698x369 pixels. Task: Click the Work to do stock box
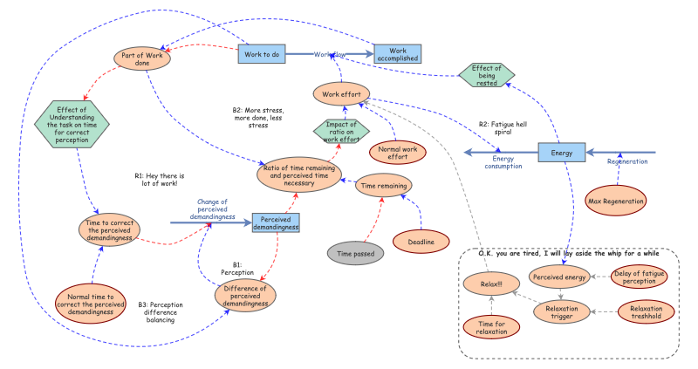click(x=262, y=54)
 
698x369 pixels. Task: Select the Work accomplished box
click(x=398, y=54)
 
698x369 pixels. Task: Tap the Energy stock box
click(x=561, y=153)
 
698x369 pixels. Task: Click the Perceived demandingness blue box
click(x=276, y=223)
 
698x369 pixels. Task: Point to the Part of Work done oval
click(x=142, y=58)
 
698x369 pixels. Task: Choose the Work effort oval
click(x=341, y=94)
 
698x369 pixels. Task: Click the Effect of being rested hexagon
click(x=487, y=75)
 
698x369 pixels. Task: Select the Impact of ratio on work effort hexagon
click(x=341, y=132)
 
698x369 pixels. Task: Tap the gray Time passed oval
click(x=355, y=253)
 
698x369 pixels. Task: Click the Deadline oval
click(x=421, y=242)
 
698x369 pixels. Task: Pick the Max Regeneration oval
click(x=616, y=201)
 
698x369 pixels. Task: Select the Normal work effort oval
click(x=398, y=153)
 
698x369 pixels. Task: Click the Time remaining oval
click(x=383, y=186)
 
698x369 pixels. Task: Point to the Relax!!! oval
click(x=491, y=284)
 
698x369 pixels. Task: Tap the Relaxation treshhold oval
click(x=646, y=312)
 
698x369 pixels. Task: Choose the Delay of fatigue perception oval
click(x=639, y=277)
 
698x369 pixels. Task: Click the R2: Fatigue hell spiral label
click(x=503, y=128)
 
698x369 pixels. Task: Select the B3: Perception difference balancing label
click(x=161, y=312)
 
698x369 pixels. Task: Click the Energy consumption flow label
click(x=503, y=162)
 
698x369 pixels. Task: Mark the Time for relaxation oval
click(x=491, y=327)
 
